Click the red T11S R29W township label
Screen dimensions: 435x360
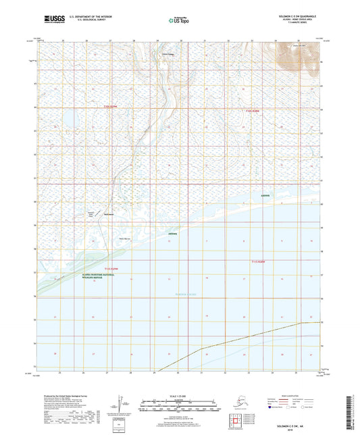pyautogui.click(x=119, y=269)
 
